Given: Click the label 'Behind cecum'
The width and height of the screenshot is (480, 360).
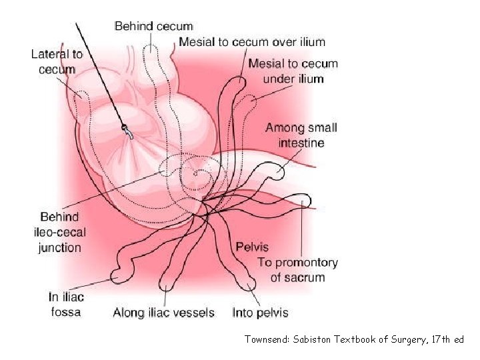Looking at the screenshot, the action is pyautogui.click(x=153, y=27).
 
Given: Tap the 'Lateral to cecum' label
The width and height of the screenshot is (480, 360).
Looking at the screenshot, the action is pyautogui.click(x=57, y=61).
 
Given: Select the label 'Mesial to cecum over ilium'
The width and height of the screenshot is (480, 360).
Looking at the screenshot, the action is pyautogui.click(x=252, y=42).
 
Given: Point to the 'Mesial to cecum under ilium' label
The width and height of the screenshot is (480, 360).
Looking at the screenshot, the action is pyautogui.click(x=293, y=71).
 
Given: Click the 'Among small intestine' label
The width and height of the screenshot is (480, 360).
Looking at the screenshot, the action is pyautogui.click(x=301, y=135).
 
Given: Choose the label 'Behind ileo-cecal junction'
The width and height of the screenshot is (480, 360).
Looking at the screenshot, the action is pyautogui.click(x=61, y=232).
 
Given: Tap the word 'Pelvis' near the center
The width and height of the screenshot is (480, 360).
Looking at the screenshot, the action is pyautogui.click(x=252, y=247).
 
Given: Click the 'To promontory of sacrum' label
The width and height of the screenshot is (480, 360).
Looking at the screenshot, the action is pyautogui.click(x=298, y=270).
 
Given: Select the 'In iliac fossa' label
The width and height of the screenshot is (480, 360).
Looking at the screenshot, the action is pyautogui.click(x=66, y=304).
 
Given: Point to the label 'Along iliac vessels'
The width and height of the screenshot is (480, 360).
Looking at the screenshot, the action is pyautogui.click(x=163, y=312).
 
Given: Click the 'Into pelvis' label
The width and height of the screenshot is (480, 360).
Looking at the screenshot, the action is pyautogui.click(x=260, y=312).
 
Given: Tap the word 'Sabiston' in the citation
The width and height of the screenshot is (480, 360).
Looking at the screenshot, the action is pyautogui.click(x=319, y=340).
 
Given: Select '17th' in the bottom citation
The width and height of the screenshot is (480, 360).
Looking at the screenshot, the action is pyautogui.click(x=432, y=340).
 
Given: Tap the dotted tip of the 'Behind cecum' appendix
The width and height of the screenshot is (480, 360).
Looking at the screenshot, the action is pyautogui.click(x=152, y=48).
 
